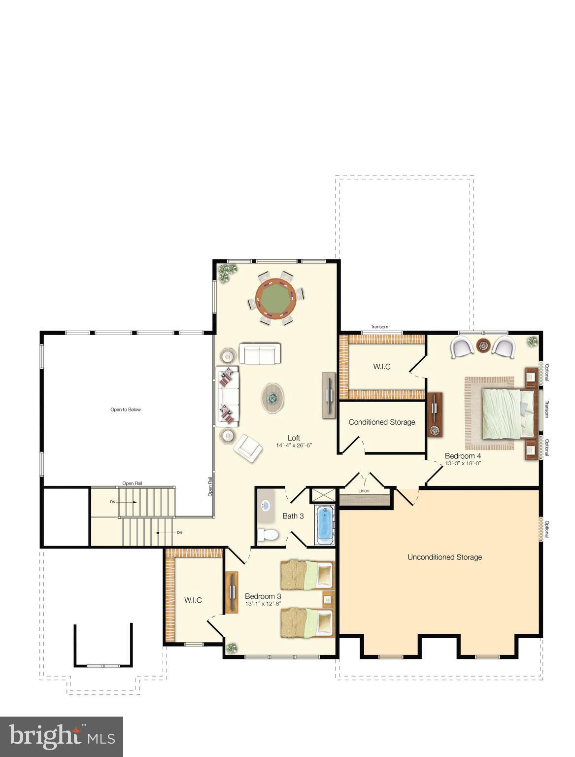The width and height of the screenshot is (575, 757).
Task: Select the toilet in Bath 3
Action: pyautogui.click(x=269, y=535)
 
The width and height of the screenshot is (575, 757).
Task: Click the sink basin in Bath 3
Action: pyautogui.click(x=266, y=505)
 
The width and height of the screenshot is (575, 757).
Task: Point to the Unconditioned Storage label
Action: pyautogui.click(x=444, y=557)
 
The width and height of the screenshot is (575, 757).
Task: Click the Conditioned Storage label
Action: pyautogui.click(x=382, y=422)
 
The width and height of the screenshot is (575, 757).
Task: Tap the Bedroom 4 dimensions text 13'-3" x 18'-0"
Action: pyautogui.click(x=463, y=463)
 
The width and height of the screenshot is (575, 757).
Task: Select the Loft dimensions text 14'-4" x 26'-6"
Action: pyautogui.click(x=294, y=445)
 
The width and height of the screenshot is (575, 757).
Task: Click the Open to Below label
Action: pyautogui.click(x=126, y=410)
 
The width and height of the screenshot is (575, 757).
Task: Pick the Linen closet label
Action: pyautogui.click(x=364, y=491)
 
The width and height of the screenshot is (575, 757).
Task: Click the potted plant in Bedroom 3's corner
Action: pyautogui.click(x=231, y=648)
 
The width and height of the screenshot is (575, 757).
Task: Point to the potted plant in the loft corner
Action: pyautogui.click(x=227, y=272)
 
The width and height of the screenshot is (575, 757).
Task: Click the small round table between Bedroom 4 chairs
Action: pyautogui.click(x=482, y=346)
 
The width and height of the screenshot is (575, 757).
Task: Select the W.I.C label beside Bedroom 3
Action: pyautogui.click(x=193, y=600)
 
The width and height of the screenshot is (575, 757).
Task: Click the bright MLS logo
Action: pyautogui.click(x=62, y=737)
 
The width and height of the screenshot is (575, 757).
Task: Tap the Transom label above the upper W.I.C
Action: pyautogui.click(x=379, y=327)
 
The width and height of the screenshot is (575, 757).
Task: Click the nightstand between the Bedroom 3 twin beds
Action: pyautogui.click(x=327, y=598)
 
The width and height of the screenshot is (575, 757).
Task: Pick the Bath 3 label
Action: pyautogui.click(x=293, y=516)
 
